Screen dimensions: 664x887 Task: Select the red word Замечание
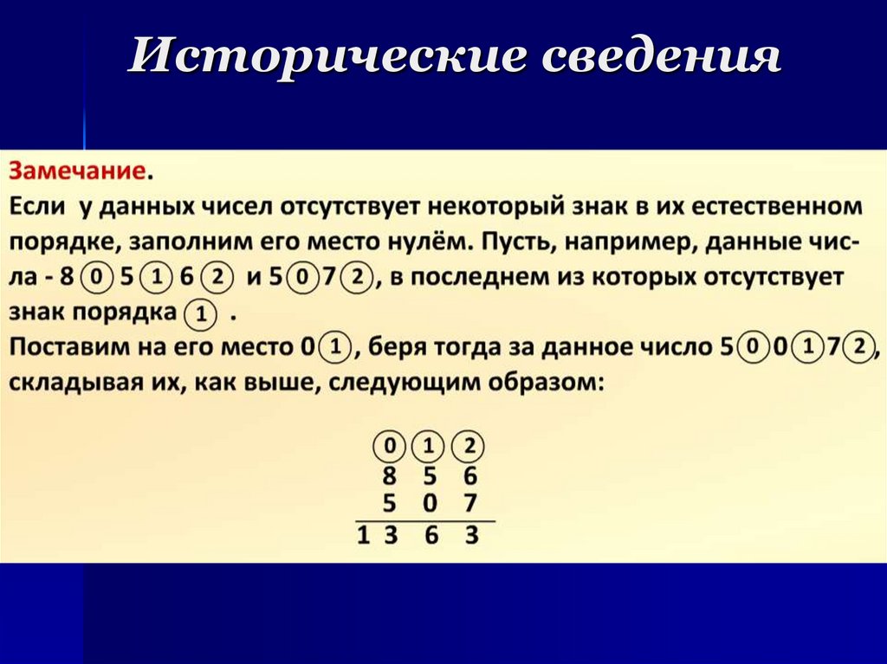click(76, 171)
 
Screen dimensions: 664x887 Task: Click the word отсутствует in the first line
click(336, 207)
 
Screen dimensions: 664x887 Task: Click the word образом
click(540, 384)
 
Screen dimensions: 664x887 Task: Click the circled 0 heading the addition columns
click(390, 448)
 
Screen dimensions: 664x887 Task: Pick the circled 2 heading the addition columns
click(469, 448)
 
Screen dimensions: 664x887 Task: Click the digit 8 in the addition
click(391, 477)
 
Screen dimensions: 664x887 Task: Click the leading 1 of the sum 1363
click(364, 537)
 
